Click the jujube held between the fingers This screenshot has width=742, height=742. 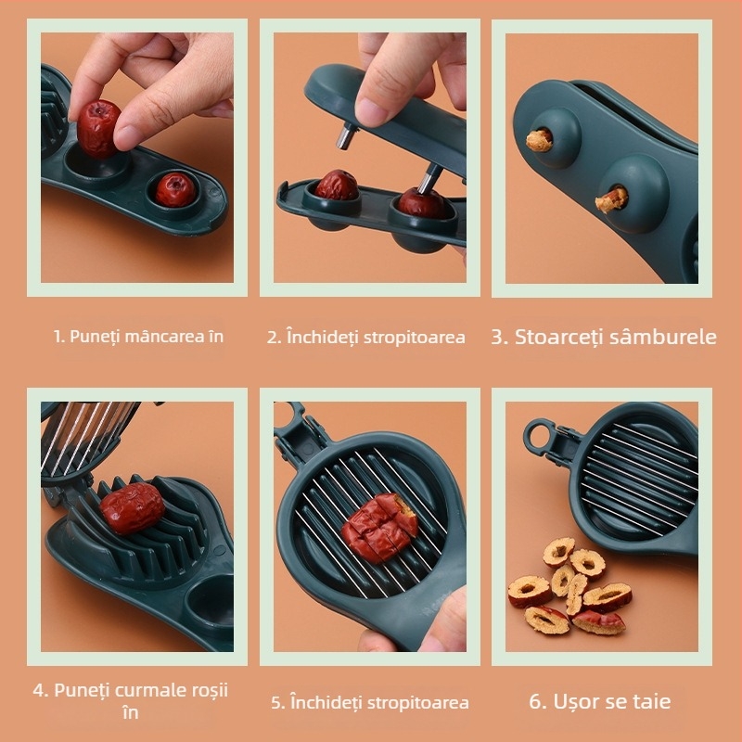pos(98,129)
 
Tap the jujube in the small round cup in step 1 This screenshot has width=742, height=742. pos(175,189)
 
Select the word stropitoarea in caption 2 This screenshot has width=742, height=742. pos(414,338)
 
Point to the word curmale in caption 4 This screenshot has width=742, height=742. pos(150,690)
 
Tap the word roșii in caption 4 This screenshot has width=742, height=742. pos(210,690)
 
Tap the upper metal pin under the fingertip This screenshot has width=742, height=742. pos(346,135)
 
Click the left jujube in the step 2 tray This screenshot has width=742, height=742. pos(337,185)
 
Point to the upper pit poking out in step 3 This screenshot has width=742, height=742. pos(540,140)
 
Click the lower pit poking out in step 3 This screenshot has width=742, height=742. pos(611,199)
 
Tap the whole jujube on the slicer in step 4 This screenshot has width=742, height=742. pos(132,508)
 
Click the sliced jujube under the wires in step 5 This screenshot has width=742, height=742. pos(379,528)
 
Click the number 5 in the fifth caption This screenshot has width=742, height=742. pos(275,702)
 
